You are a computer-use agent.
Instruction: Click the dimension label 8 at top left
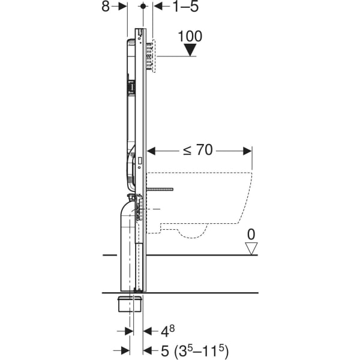click(106, 7)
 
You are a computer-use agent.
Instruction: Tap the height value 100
click(190, 35)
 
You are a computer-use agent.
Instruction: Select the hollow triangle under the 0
click(251, 247)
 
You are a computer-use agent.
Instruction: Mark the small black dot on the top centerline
click(143, 6)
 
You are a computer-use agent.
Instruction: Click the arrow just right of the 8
click(122, 7)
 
